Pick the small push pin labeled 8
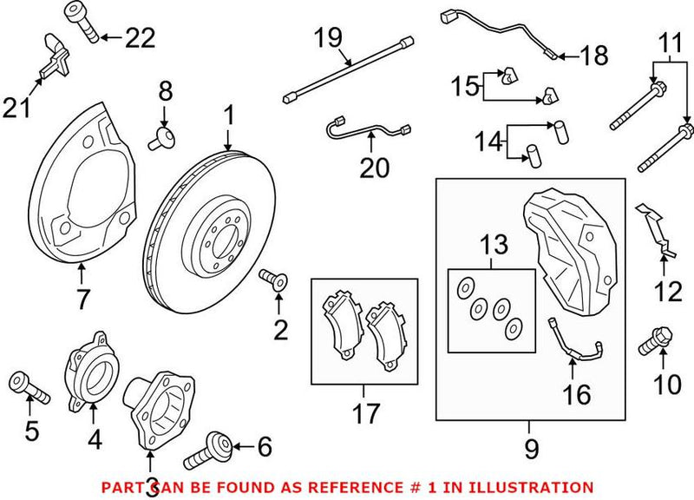162,135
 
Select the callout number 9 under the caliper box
531,449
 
